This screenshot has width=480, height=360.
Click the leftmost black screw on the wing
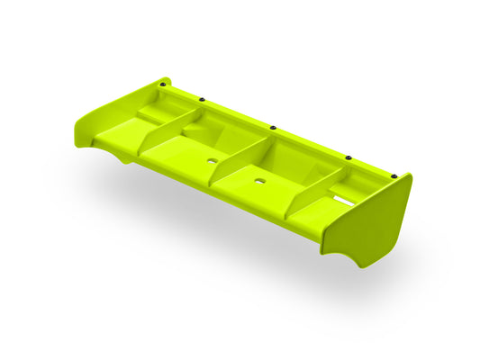tap(162, 84)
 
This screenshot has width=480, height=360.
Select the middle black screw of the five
tap(272, 126)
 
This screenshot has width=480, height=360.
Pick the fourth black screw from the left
tap(349, 157)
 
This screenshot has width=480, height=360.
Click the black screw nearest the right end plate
tap(394, 174)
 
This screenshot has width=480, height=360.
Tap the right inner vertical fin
tap(312, 193)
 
